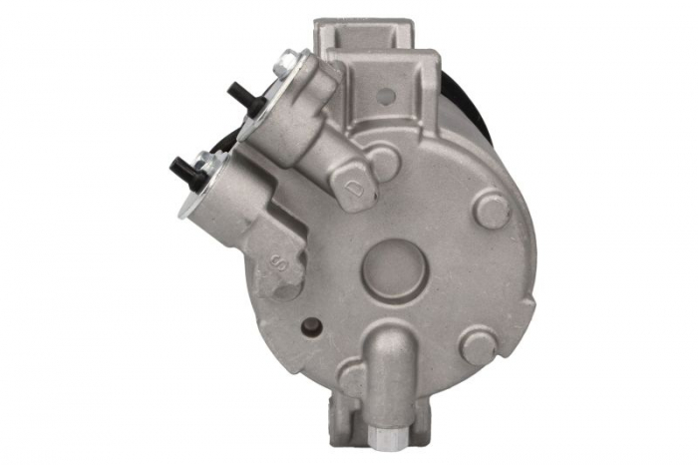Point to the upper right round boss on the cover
coord(493,210)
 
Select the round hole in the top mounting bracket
coord(386,97)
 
